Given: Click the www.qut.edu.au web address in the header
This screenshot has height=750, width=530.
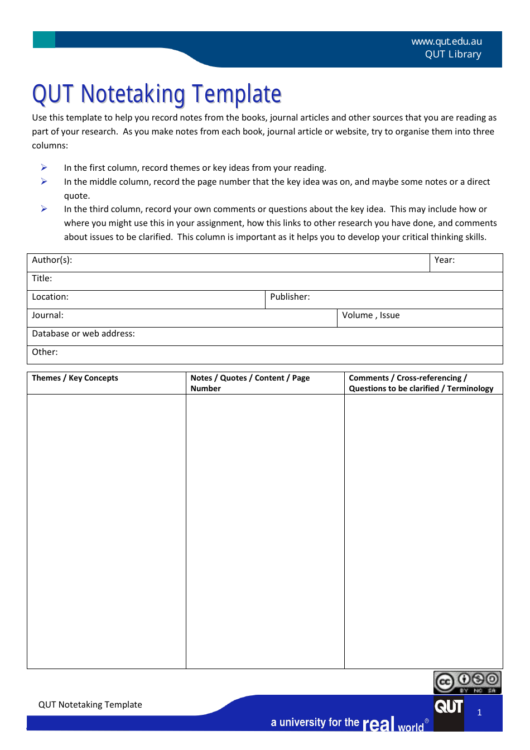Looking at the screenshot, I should point(446,41).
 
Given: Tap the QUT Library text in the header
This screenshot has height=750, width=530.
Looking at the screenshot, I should point(452,54).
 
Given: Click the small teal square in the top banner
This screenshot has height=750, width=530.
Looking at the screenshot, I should point(44,40).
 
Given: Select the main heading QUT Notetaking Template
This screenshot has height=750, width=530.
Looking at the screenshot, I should point(157,94).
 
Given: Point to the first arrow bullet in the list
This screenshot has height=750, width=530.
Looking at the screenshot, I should point(44,167).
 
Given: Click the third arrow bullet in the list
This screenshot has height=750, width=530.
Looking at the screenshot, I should point(44,209).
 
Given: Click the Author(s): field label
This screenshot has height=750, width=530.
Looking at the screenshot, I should point(52,260).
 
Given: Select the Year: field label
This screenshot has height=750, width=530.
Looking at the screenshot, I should point(444,260).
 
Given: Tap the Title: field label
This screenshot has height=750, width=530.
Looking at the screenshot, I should point(42,278).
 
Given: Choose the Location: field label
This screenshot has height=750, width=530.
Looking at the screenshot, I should point(50,297).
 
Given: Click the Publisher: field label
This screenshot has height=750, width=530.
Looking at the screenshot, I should point(290,297).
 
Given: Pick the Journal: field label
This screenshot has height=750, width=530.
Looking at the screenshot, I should point(47,315).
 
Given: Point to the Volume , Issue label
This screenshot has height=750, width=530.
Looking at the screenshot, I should point(370,315).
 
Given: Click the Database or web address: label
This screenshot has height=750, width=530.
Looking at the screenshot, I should point(83,334).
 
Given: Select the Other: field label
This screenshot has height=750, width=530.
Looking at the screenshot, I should point(45,352).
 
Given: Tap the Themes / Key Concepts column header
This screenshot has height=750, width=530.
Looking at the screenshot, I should point(75,378).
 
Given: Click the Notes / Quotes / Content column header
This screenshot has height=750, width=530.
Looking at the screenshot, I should point(250,383).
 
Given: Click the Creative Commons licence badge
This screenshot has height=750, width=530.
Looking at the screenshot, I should point(467,682).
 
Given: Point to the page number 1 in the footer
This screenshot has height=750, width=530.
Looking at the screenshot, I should point(479,713).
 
